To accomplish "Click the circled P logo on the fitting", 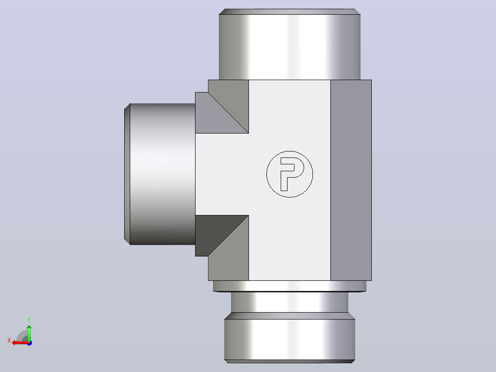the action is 290,174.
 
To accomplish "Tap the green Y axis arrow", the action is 29,332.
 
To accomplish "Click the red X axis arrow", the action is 20,343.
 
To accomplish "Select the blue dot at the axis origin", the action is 29,343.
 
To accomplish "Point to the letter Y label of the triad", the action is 29,320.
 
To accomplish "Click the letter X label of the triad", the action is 9,340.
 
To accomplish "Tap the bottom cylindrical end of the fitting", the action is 290,339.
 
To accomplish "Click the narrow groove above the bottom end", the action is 290,302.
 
